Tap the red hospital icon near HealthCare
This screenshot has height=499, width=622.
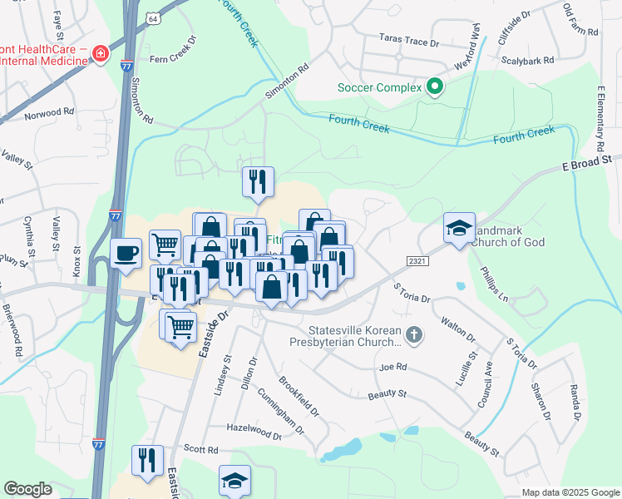click(x=101, y=53)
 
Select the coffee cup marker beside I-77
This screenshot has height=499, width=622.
click(x=126, y=253)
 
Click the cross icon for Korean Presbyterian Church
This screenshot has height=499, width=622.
click(x=413, y=334)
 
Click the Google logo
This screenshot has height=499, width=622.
click(x=27, y=489)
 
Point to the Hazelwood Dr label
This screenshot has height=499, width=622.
click(x=254, y=431)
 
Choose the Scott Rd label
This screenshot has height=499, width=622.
click(x=200, y=449)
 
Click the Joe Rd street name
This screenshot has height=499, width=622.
click(x=392, y=366)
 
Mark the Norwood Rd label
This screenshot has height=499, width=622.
click(x=50, y=112)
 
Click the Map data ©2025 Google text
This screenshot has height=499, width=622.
click(x=570, y=492)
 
